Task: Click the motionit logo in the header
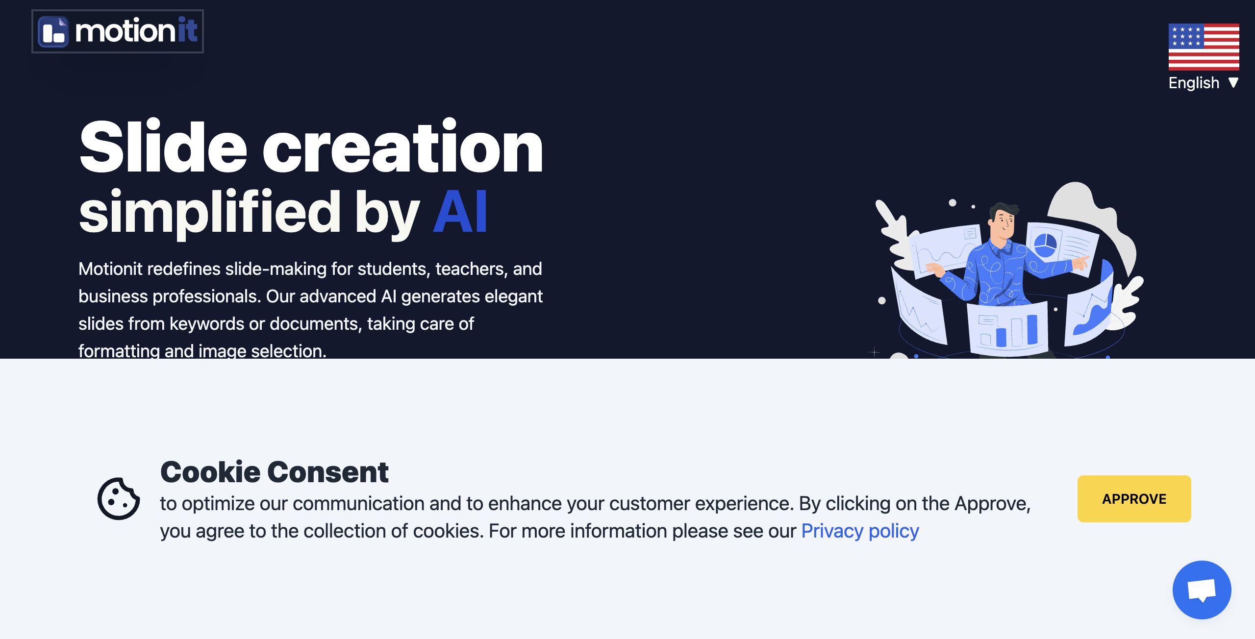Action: tap(118, 31)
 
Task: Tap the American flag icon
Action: tap(1204, 47)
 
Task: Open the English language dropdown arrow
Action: tap(1233, 83)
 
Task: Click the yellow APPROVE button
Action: tap(1134, 499)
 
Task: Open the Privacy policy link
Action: tap(860, 531)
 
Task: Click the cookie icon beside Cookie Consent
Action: tap(119, 498)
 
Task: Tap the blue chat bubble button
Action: tap(1202, 590)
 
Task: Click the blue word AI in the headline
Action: tap(460, 213)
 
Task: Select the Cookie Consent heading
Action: tap(275, 472)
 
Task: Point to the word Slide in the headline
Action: tap(163, 147)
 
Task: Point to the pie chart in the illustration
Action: tap(1045, 244)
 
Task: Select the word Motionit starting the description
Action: tap(111, 269)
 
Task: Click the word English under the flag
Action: tap(1194, 83)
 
